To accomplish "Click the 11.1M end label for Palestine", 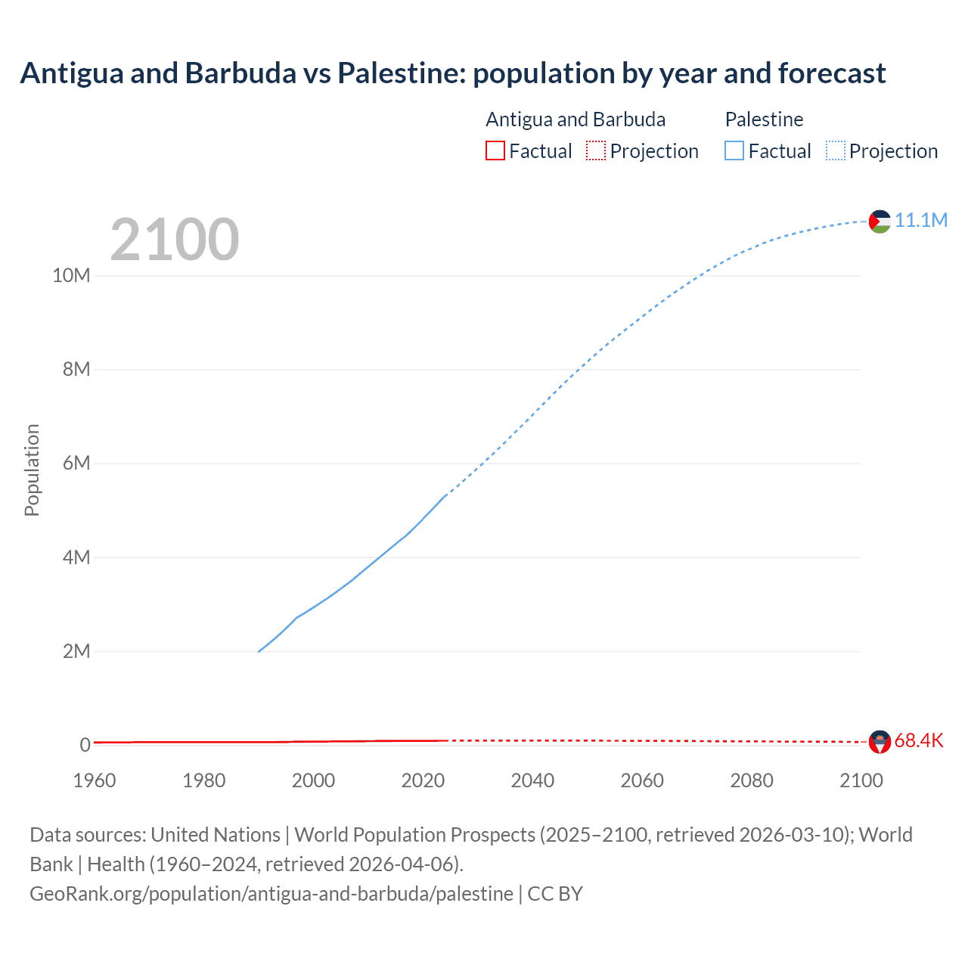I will click(x=921, y=220).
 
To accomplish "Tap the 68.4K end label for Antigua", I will click(x=919, y=740).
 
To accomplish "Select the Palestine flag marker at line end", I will click(x=880, y=222).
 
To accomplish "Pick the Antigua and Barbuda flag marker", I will click(x=880, y=742).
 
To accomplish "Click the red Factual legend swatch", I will click(x=495, y=150).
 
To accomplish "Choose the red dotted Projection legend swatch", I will click(x=596, y=150).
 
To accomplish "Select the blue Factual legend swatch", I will click(x=734, y=150).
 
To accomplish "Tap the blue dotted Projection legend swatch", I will click(x=836, y=150).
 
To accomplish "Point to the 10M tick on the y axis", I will click(x=71, y=275).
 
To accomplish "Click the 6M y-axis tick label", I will click(x=76, y=463).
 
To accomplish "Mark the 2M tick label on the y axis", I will click(x=76, y=651).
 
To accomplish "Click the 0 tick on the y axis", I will click(x=85, y=745).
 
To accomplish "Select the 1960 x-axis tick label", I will click(x=95, y=780).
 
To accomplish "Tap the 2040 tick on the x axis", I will click(x=532, y=780).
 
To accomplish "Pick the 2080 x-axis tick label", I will click(x=752, y=780).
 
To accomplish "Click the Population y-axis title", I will click(x=32, y=470).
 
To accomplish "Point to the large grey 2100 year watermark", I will click(x=175, y=240).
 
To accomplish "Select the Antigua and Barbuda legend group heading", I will click(x=576, y=119).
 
